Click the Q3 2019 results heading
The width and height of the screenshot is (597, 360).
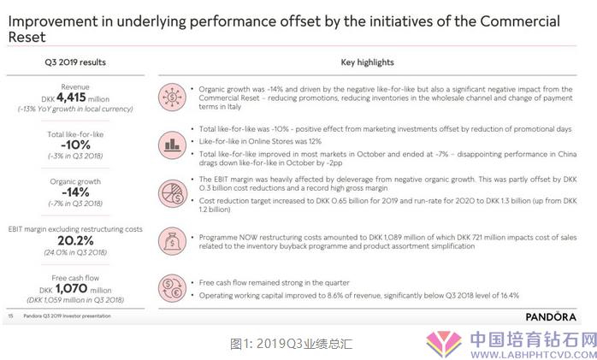(x=75, y=62)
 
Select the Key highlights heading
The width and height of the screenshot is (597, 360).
(x=367, y=62)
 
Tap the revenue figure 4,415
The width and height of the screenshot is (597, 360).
(x=71, y=97)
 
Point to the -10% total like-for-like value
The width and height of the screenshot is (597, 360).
(x=75, y=145)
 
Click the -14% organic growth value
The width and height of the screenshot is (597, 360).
(x=75, y=192)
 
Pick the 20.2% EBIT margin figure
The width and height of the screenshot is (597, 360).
(x=75, y=240)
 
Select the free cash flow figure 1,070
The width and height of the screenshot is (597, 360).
(x=71, y=288)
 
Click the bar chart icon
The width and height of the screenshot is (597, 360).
(x=172, y=145)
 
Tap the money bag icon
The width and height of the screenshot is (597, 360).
(x=172, y=241)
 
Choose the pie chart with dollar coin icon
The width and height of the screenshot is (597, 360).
(x=172, y=193)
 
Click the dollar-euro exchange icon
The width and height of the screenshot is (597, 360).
(x=172, y=288)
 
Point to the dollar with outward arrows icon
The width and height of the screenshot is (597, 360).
(x=172, y=97)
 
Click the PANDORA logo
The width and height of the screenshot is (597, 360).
(x=551, y=316)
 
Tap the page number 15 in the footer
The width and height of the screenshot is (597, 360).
(x=10, y=316)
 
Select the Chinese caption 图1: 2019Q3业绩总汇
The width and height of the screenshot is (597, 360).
(x=292, y=344)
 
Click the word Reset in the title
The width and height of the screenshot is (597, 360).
(x=27, y=38)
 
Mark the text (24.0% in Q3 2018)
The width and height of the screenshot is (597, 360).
(x=75, y=252)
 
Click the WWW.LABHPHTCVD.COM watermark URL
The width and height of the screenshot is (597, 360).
(x=534, y=355)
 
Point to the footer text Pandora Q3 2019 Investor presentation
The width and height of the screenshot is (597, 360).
(x=67, y=316)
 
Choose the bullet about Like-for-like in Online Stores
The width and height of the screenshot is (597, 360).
(x=260, y=142)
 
